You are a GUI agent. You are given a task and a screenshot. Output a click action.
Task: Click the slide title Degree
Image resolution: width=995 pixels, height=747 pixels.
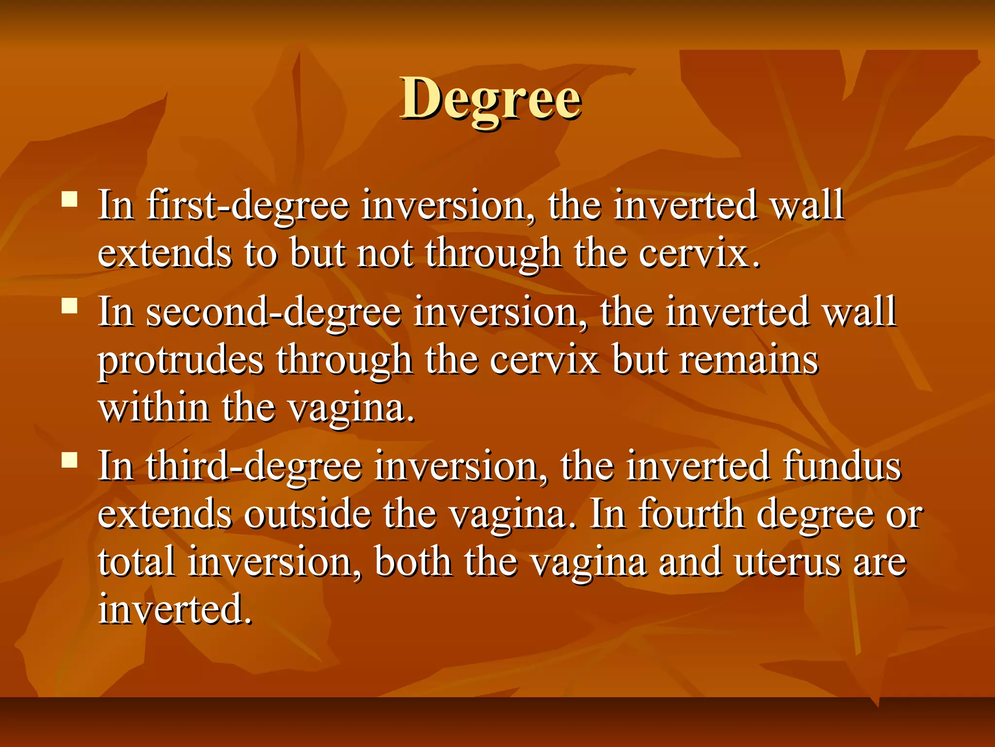coord(490,100)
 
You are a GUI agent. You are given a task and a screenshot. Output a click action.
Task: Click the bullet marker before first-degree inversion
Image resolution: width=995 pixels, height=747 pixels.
coord(70,199)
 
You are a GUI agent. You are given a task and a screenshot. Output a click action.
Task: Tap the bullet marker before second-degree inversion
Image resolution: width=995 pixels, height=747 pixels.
coord(70,306)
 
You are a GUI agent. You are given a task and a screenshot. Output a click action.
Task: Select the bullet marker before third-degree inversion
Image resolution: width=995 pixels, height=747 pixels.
coord(70,460)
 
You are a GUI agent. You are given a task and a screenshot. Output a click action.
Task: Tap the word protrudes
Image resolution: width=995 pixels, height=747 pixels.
coord(181,360)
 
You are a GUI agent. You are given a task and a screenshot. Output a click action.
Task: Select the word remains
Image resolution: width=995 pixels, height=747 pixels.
coord(749,360)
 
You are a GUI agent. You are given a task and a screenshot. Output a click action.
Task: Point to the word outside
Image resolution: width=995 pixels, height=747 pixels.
coord(307,514)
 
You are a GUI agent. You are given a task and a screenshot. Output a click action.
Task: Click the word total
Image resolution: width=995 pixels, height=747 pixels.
coord(136,562)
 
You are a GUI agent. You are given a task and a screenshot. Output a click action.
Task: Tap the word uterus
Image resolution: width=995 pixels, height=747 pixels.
coord(787,562)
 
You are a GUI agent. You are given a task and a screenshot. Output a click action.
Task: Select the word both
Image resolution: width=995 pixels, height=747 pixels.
coord(413,562)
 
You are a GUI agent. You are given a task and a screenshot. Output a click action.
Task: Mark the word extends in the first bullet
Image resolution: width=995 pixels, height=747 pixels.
coord(164,253)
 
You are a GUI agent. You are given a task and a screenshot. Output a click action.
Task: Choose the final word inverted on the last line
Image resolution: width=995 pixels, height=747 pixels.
coord(175,609)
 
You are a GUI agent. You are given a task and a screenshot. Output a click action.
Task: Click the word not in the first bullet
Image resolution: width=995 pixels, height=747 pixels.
coord(385,253)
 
